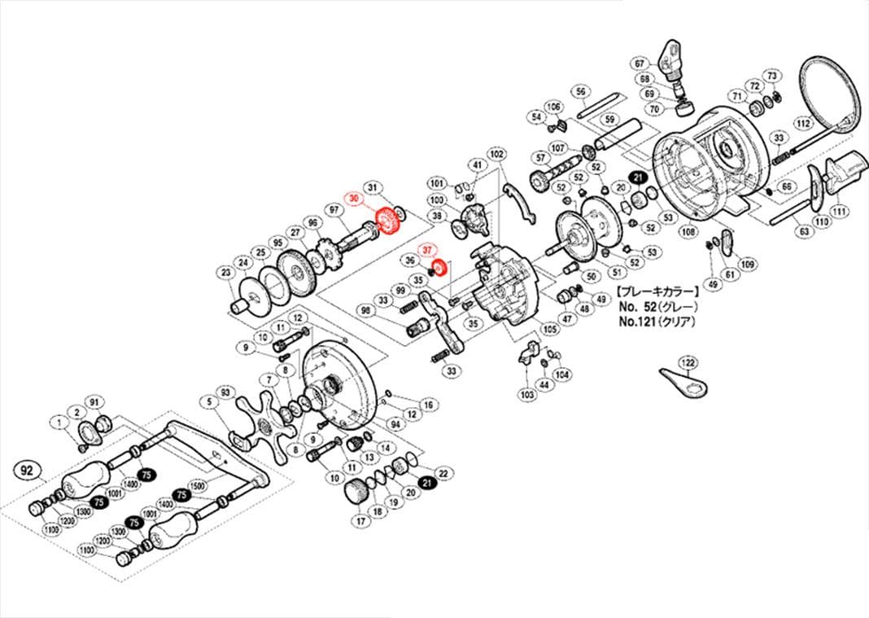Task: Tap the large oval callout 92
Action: point(27,471)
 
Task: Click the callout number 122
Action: point(688,362)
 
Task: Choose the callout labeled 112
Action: point(803,124)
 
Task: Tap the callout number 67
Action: point(640,64)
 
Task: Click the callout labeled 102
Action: point(496,153)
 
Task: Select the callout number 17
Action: point(359,519)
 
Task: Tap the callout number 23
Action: point(225,272)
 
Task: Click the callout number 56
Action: point(580,91)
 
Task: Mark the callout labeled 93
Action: point(225,392)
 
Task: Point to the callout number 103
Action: point(527,393)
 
